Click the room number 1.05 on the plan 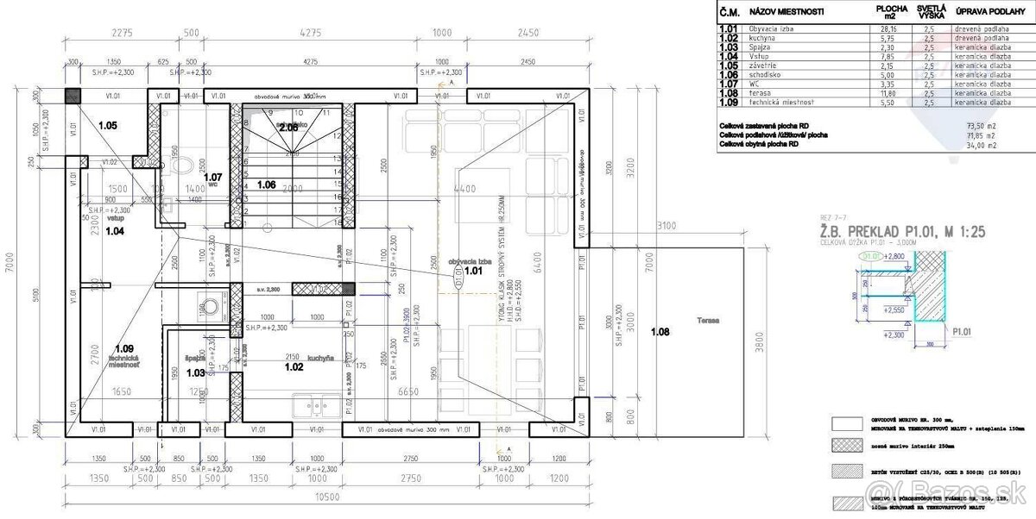pos(108,126)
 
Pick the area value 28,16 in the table pos(887,28)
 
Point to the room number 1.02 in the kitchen pos(294,366)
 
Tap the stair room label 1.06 pos(267,184)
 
